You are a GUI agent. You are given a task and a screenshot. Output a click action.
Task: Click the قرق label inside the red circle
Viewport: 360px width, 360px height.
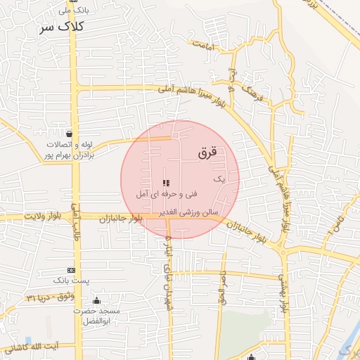[x=210, y=151]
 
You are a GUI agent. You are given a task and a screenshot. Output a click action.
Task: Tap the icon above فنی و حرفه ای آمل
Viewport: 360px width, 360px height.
[x=166, y=183]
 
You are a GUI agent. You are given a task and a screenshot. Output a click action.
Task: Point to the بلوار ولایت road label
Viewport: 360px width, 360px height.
[x=44, y=217]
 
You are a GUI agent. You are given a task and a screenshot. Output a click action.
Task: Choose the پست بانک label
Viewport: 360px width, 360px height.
[x=75, y=281]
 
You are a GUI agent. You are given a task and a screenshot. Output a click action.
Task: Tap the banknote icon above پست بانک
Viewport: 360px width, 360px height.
[x=71, y=271]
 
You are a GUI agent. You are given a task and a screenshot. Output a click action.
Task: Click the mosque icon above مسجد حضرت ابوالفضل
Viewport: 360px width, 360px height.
[x=96, y=301]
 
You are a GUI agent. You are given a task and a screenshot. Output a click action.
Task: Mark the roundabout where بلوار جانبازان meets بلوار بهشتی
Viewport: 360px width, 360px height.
[x=282, y=249]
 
